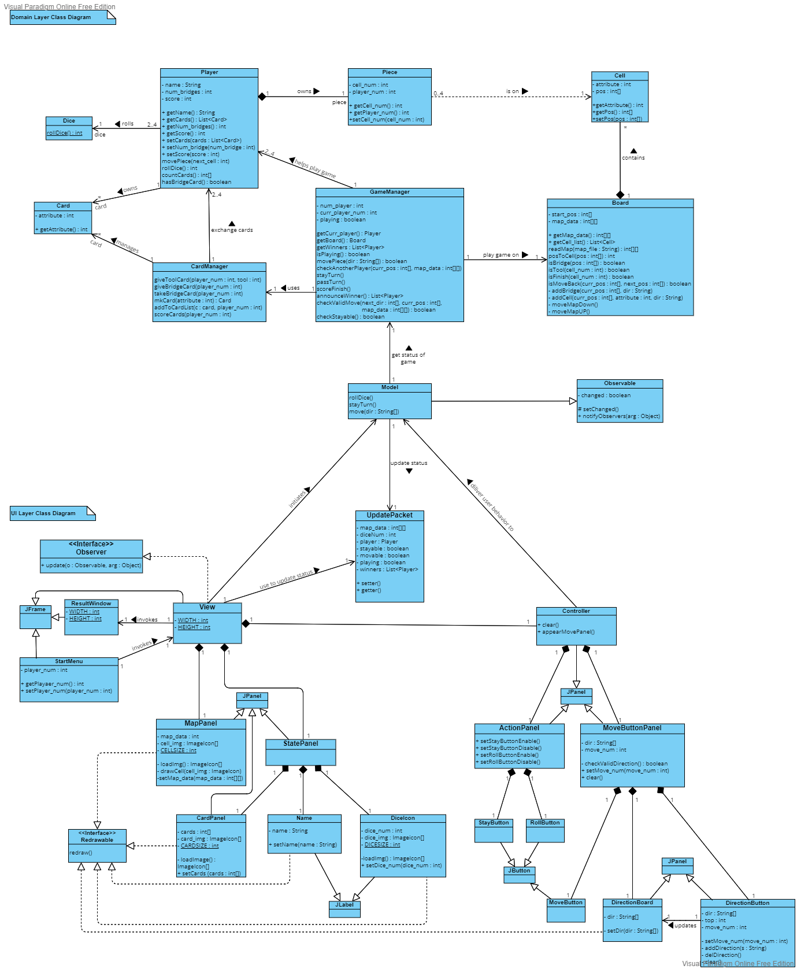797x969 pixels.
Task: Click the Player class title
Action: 209,72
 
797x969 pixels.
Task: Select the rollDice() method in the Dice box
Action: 64,133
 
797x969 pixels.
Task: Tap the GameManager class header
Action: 390,192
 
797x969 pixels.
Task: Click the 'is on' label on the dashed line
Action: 512,91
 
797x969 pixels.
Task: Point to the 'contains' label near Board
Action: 633,158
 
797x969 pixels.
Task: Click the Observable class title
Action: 620,383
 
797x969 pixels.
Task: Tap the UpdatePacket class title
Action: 390,515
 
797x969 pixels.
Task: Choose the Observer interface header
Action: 91,548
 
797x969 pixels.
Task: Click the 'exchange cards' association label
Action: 232,230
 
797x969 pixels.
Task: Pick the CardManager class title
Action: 209,267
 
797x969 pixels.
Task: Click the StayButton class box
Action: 494,830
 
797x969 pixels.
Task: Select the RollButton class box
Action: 545,830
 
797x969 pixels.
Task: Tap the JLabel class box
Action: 344,909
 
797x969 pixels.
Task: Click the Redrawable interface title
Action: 97,837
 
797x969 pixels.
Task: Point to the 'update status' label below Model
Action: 409,463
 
